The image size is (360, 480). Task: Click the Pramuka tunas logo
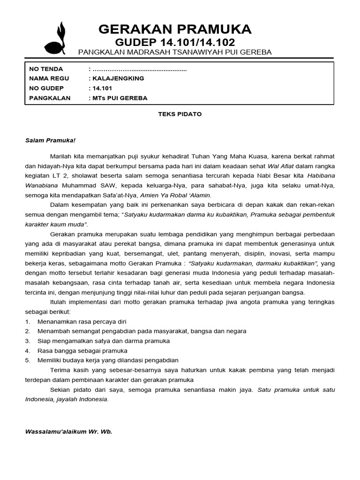tap(54, 38)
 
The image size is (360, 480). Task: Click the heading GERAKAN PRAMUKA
tap(175, 29)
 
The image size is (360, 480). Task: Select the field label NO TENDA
tap(46, 69)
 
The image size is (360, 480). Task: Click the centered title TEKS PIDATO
tap(180, 114)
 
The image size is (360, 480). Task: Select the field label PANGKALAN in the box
tap(50, 98)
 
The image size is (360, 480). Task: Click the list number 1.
tap(28, 321)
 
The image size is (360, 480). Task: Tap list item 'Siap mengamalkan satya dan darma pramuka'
tap(103, 341)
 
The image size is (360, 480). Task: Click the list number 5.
tap(28, 360)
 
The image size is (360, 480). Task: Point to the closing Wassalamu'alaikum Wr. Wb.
tap(68, 430)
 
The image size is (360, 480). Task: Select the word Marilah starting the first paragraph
tap(60, 156)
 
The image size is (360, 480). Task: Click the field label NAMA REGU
tap(48, 78)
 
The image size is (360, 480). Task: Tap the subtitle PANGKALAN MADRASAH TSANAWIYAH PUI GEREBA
tap(175, 52)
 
